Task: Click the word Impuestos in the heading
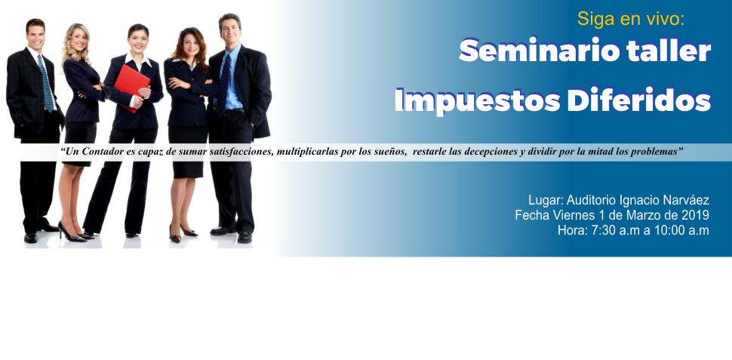point(477,100)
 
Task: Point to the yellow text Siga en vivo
point(631,19)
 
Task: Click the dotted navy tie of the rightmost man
point(223,85)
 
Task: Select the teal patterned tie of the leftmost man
point(45,83)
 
